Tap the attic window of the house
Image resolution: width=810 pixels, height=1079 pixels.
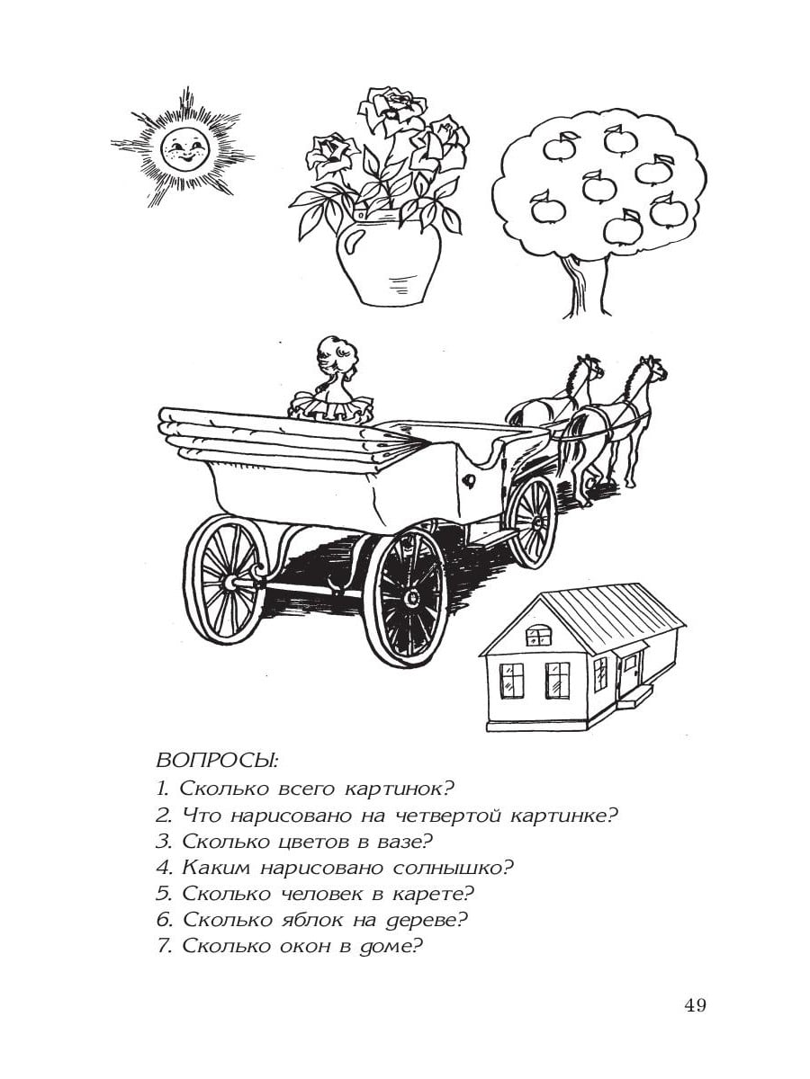click(x=538, y=636)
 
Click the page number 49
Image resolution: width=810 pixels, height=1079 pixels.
click(x=695, y=1005)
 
